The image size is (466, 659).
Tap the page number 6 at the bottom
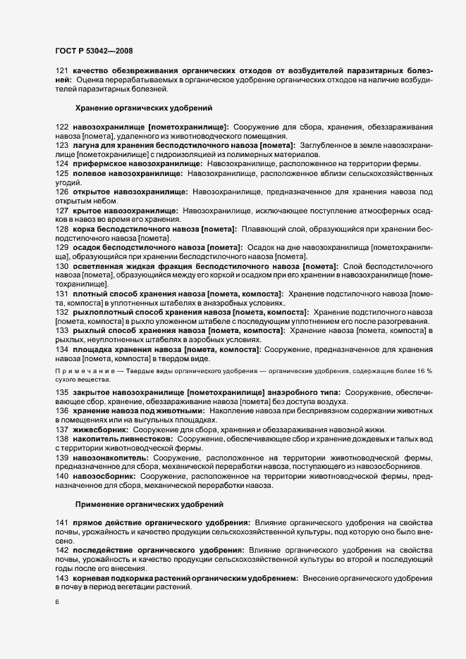point(56,602)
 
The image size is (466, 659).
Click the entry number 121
point(61,70)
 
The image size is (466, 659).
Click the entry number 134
point(61,349)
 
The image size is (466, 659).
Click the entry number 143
point(61,578)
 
